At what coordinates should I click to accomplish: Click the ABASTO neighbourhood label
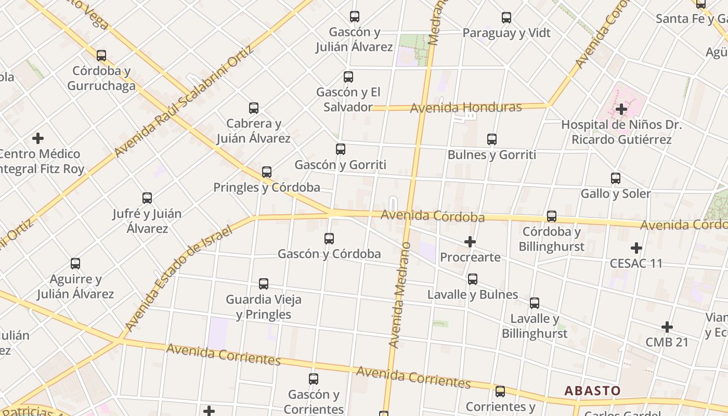pos(592,391)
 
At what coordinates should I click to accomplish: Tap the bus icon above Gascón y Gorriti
pos(341,149)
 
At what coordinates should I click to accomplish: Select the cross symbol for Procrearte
pos(470,242)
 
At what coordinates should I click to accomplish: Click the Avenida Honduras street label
pos(465,108)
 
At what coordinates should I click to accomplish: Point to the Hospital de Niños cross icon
pos(621,109)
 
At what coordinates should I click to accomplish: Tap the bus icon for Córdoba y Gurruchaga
pos(101,55)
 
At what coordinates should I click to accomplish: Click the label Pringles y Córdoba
pos(266,187)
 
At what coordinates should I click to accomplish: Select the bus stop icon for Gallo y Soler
pos(616,178)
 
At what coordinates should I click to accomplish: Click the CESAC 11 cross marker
pos(636,248)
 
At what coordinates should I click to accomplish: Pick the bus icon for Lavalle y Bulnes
pos(473,279)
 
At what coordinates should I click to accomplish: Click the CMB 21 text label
pos(667,342)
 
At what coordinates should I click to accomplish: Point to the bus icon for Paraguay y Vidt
pos(506,18)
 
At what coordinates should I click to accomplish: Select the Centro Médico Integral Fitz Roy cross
pos(38,138)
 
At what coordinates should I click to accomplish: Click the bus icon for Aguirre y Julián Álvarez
pos(75,264)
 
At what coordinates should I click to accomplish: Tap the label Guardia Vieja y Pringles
pos(263,307)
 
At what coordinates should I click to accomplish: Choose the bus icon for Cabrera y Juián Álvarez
pos(254,108)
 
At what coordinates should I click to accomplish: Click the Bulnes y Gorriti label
pos(491,154)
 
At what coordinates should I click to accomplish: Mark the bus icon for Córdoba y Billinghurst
pos(552,216)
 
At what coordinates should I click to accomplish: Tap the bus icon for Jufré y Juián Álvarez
pos(147,198)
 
